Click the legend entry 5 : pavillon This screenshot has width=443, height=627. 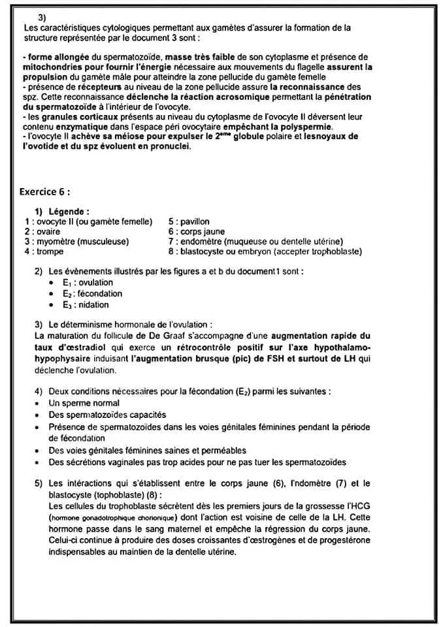(189, 221)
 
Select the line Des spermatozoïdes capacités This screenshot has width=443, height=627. (107, 415)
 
